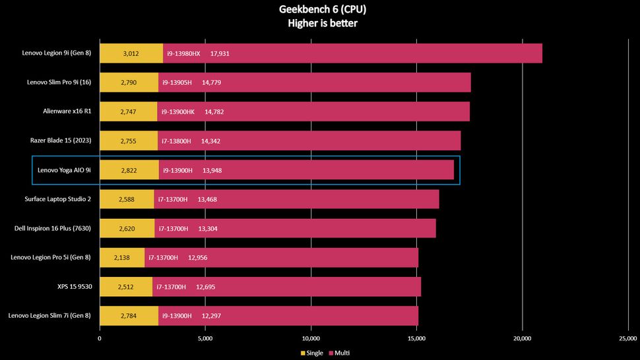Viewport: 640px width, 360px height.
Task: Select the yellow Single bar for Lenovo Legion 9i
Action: coord(131,53)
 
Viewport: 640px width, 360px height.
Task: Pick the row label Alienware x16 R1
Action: coord(67,111)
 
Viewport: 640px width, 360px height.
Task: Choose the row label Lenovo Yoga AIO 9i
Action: coord(64,170)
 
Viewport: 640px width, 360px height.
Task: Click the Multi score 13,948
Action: coord(212,170)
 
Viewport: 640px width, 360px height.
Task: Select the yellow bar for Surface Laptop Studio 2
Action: coord(127,199)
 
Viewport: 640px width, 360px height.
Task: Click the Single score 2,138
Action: coord(123,257)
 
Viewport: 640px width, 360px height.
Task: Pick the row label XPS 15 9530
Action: coord(74,287)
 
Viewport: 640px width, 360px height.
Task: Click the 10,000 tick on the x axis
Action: coord(311,339)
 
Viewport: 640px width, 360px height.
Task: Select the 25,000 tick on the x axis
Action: coord(628,339)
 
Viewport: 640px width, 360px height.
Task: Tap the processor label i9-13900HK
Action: coord(178,111)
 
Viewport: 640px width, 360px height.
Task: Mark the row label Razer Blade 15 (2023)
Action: coord(61,140)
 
